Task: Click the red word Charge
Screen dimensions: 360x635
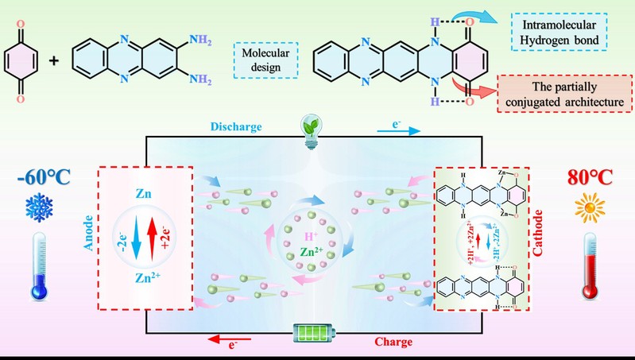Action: point(395,343)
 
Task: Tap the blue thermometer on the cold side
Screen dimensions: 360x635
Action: point(38,267)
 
